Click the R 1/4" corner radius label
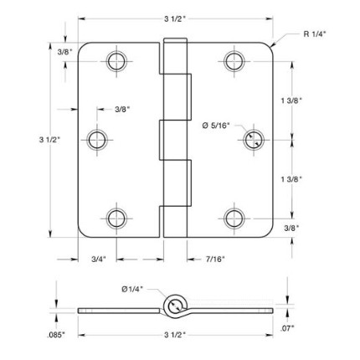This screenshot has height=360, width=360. point(315,34)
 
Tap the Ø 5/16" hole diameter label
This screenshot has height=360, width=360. point(216,126)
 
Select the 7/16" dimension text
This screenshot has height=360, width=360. point(215,260)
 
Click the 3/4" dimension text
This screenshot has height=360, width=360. point(99,260)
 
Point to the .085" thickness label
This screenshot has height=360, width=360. point(56,335)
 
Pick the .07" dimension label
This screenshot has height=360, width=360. point(287,329)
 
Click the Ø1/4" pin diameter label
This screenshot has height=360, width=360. point(132,290)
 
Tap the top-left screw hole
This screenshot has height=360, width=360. point(116,61)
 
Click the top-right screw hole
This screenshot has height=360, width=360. point(234,61)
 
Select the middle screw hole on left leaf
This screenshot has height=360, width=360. point(97,140)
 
